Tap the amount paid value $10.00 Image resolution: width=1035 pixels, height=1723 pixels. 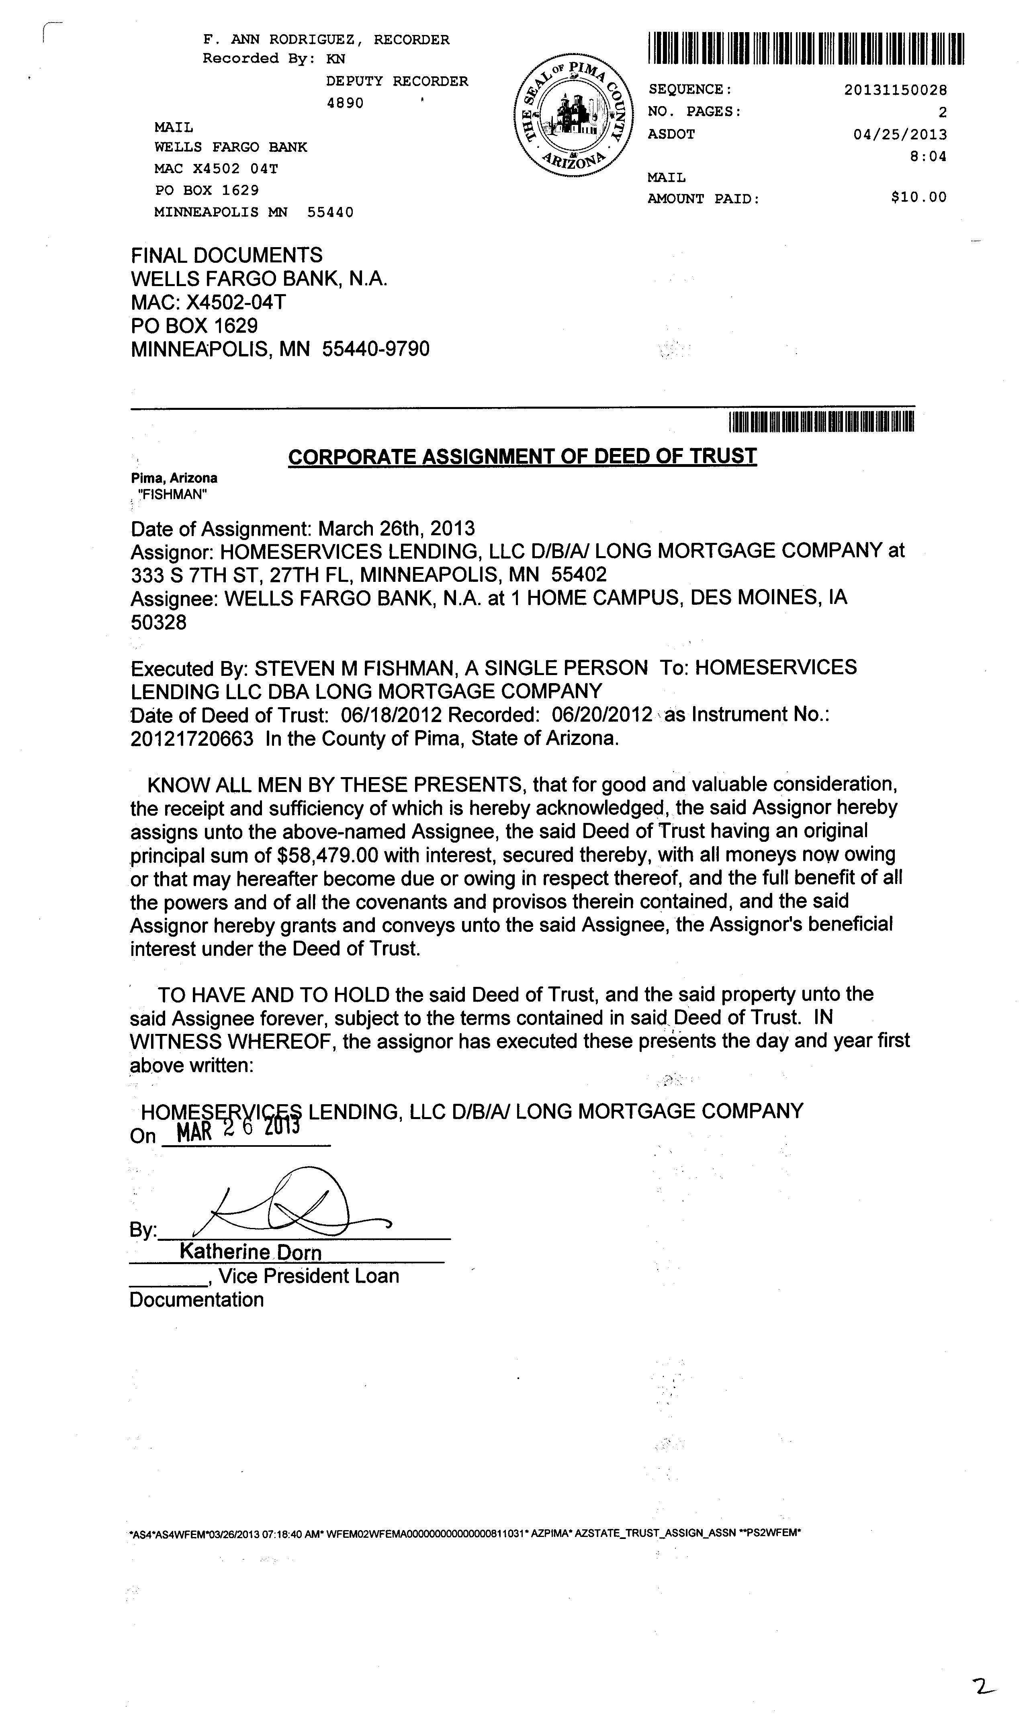pyautogui.click(x=918, y=197)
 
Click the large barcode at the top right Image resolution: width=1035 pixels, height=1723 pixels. pyautogui.click(x=806, y=49)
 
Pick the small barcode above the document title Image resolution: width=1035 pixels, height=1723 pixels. pyautogui.click(x=821, y=423)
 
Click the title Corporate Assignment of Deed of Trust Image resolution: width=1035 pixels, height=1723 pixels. pyautogui.click(x=522, y=457)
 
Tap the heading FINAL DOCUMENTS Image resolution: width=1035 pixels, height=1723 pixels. pyautogui.click(x=227, y=255)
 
